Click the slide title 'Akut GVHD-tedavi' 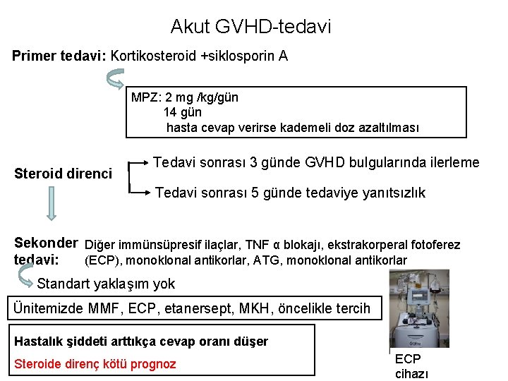click(250, 28)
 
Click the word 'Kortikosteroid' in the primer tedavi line click(154, 56)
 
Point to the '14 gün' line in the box click(183, 112)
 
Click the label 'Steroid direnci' click(64, 173)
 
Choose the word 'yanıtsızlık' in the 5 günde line click(389, 193)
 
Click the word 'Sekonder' click(46, 244)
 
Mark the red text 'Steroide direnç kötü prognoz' click(95, 364)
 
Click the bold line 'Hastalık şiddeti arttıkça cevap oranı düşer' click(142, 341)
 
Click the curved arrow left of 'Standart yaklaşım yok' click(25, 282)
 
